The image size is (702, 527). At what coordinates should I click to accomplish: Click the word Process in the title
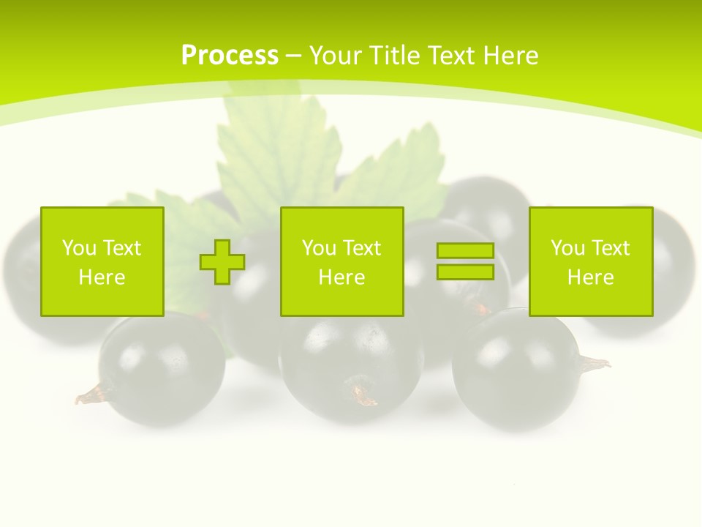coord(230,56)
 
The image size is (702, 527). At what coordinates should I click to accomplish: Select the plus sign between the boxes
coord(222,261)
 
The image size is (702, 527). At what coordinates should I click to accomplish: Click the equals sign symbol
coord(465,261)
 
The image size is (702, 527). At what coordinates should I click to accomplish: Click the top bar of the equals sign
coord(465,251)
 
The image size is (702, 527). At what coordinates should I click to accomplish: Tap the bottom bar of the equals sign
coord(465,272)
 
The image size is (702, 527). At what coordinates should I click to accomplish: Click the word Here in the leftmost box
coord(102,277)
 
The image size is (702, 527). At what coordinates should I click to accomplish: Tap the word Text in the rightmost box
coord(611,248)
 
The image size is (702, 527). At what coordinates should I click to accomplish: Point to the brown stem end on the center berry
coord(363,395)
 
